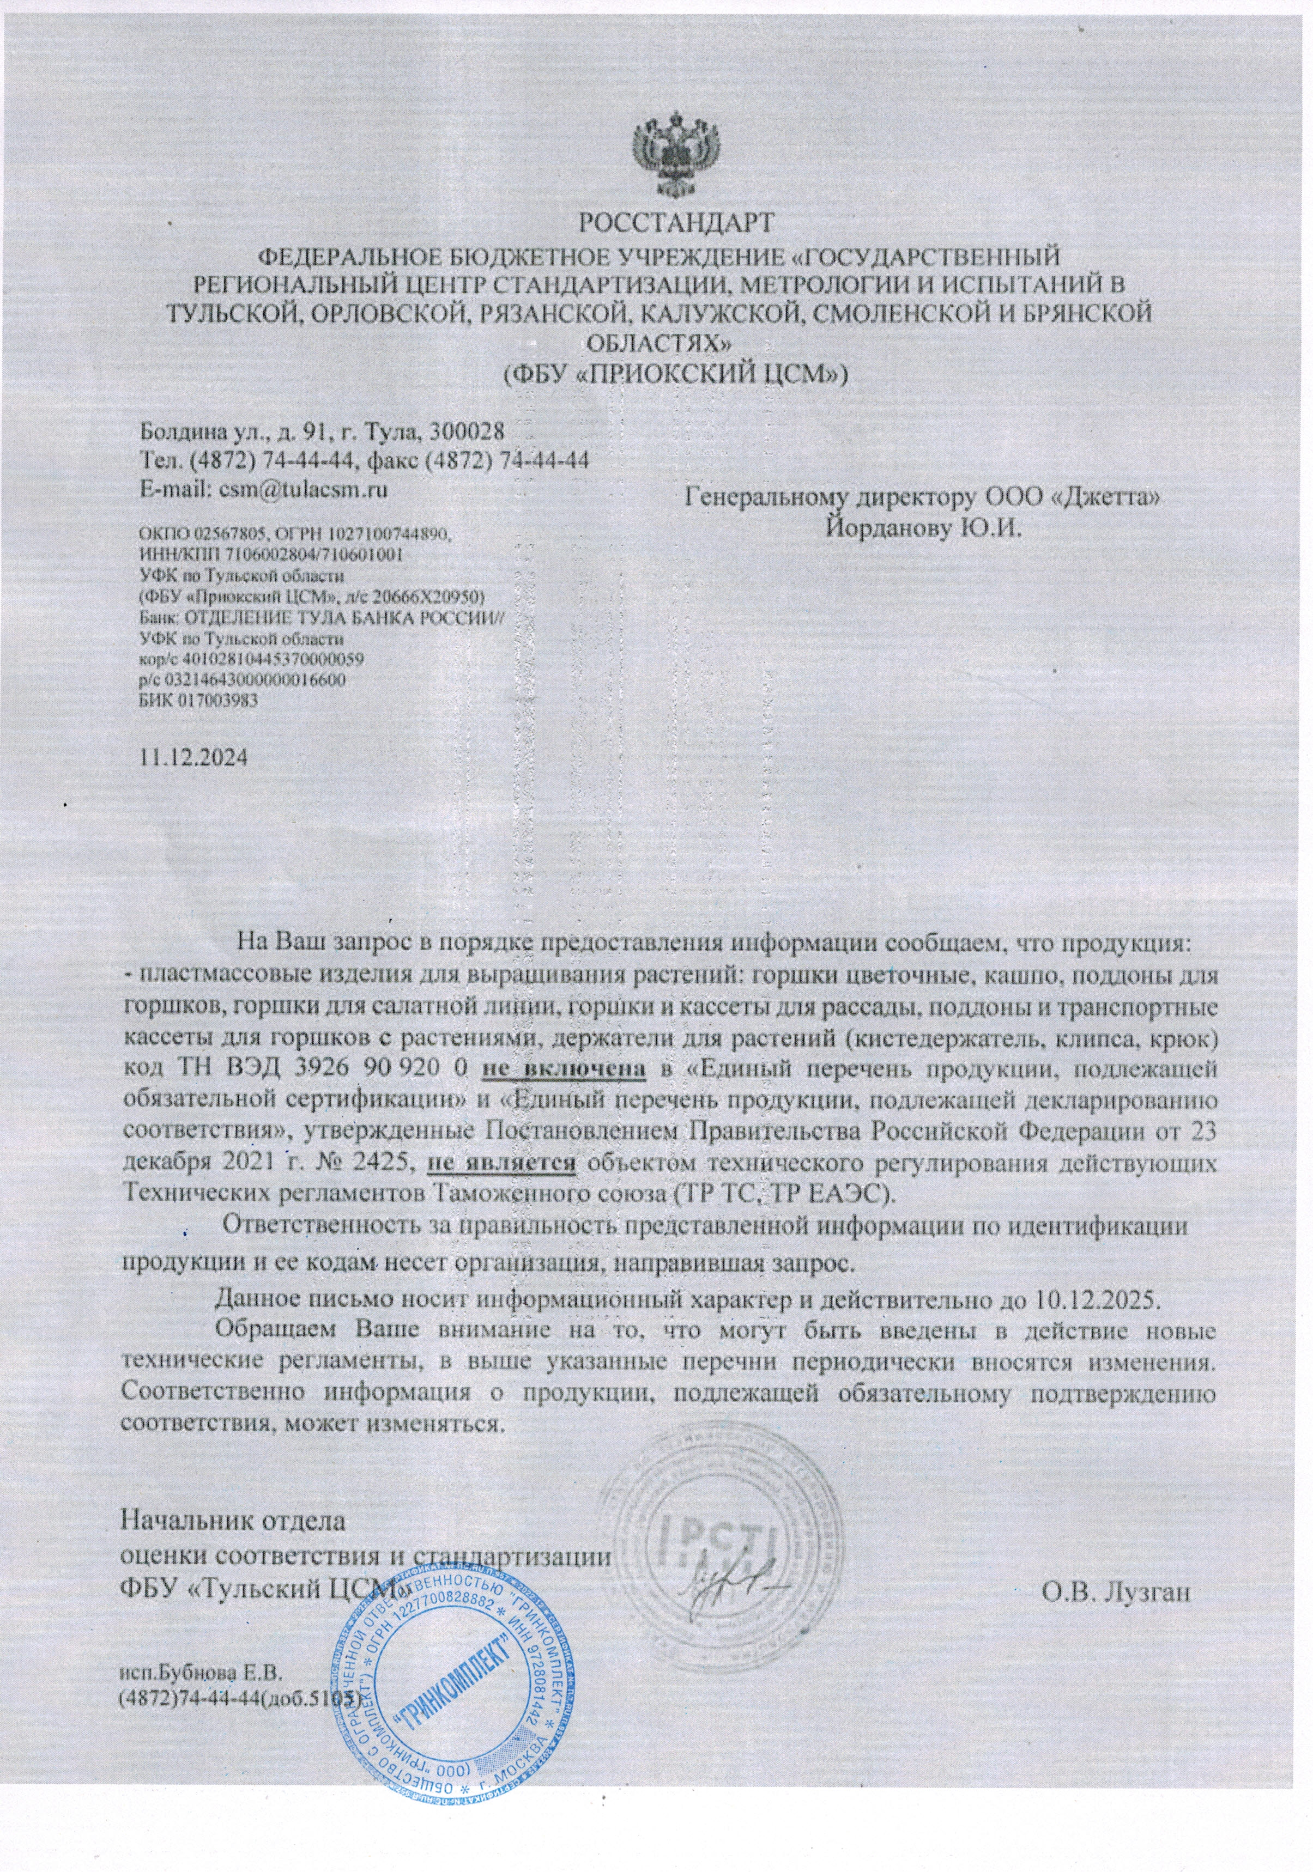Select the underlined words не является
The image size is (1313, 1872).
click(503, 1163)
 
